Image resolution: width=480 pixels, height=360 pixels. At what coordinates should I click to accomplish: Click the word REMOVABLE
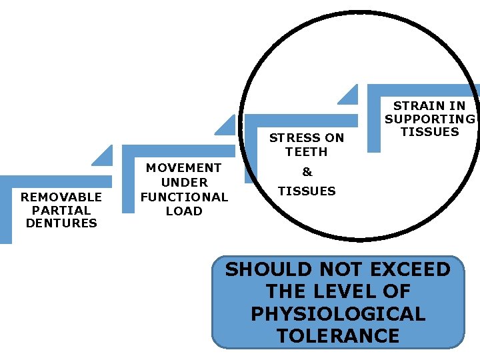point(61,197)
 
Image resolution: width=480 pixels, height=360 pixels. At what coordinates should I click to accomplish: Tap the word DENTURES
point(61,223)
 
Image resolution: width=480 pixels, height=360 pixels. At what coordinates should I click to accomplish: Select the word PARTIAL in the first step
point(61,210)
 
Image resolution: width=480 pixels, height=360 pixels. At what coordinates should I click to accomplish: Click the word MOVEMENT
point(184,168)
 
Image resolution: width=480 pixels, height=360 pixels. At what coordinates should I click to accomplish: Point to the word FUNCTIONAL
point(184,197)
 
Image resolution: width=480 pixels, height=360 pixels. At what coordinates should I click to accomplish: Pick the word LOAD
point(184,211)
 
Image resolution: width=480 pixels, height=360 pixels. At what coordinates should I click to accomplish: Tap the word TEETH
point(307,152)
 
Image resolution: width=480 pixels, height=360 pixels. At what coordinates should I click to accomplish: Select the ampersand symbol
point(307,172)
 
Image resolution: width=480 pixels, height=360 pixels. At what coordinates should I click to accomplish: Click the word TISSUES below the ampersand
point(307,191)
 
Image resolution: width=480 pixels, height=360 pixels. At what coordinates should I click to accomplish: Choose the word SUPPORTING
point(430,119)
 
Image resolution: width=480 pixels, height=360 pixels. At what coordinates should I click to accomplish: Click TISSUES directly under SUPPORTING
point(430,132)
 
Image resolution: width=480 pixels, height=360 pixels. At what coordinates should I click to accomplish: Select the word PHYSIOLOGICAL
point(338,314)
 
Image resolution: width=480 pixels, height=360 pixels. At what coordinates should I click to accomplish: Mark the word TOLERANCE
point(338,336)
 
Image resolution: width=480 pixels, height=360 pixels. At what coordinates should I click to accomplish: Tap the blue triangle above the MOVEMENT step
point(227,127)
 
